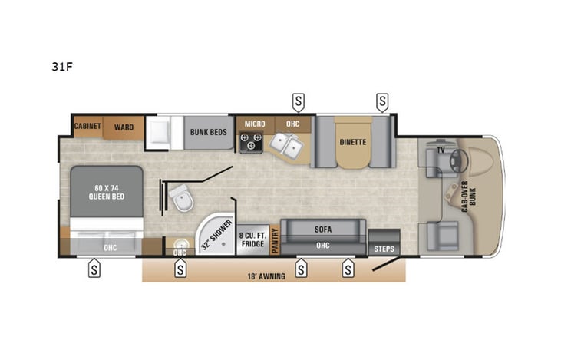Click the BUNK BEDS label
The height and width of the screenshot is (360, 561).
tap(208, 132)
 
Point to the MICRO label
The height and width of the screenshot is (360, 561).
tap(254, 124)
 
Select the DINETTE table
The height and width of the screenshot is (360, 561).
tap(352, 143)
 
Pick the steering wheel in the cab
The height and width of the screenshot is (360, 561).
tap(460, 159)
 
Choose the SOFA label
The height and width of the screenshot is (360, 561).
tap(322, 229)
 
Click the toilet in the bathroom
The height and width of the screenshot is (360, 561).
tap(182, 200)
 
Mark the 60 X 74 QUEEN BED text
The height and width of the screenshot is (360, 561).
tap(107, 191)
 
